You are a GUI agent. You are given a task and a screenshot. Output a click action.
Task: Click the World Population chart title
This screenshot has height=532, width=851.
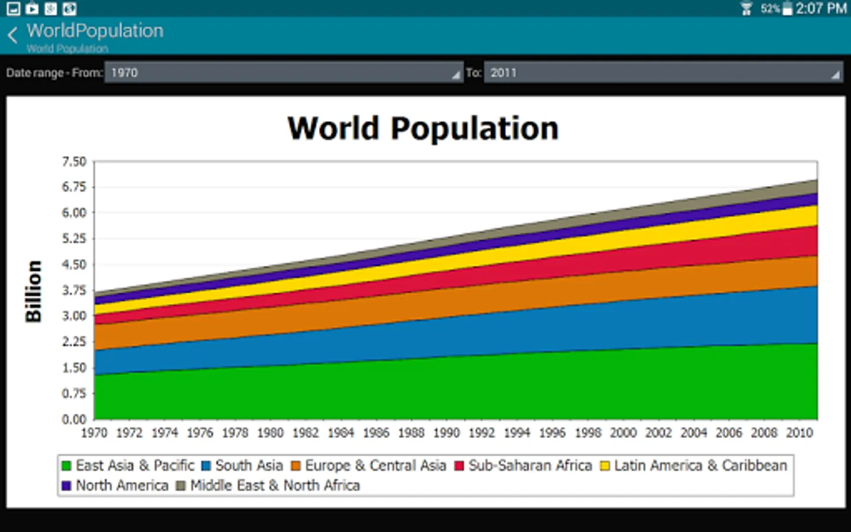423,128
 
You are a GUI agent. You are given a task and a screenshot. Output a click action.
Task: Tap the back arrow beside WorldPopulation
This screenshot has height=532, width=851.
13,35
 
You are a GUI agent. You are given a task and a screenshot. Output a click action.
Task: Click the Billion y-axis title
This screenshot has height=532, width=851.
34,291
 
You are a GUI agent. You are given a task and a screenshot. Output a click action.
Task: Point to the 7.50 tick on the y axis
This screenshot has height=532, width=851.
74,161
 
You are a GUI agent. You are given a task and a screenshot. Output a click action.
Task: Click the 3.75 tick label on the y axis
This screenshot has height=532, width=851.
74,290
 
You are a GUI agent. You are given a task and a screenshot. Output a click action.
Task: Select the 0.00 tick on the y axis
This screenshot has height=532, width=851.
74,419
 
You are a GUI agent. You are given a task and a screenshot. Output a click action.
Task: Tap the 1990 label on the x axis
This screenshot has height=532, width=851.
446,433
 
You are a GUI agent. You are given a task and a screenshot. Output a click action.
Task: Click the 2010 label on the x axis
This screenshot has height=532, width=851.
799,433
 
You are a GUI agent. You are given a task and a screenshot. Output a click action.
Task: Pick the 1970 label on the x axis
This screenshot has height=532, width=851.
94,433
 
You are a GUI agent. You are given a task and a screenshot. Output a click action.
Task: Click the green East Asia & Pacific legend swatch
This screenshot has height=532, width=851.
67,466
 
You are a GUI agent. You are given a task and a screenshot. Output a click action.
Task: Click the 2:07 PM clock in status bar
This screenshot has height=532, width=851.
821,8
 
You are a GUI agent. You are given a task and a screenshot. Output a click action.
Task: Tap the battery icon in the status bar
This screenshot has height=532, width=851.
787,8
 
